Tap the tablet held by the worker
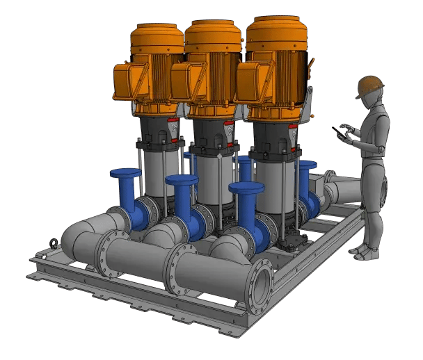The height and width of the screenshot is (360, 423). click(341, 131)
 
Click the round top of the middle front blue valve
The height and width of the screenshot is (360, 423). click(182, 181)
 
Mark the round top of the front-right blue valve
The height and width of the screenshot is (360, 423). click(246, 188)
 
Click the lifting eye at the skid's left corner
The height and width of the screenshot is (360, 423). click(52, 244)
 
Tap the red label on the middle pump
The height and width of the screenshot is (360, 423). click(229, 127)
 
